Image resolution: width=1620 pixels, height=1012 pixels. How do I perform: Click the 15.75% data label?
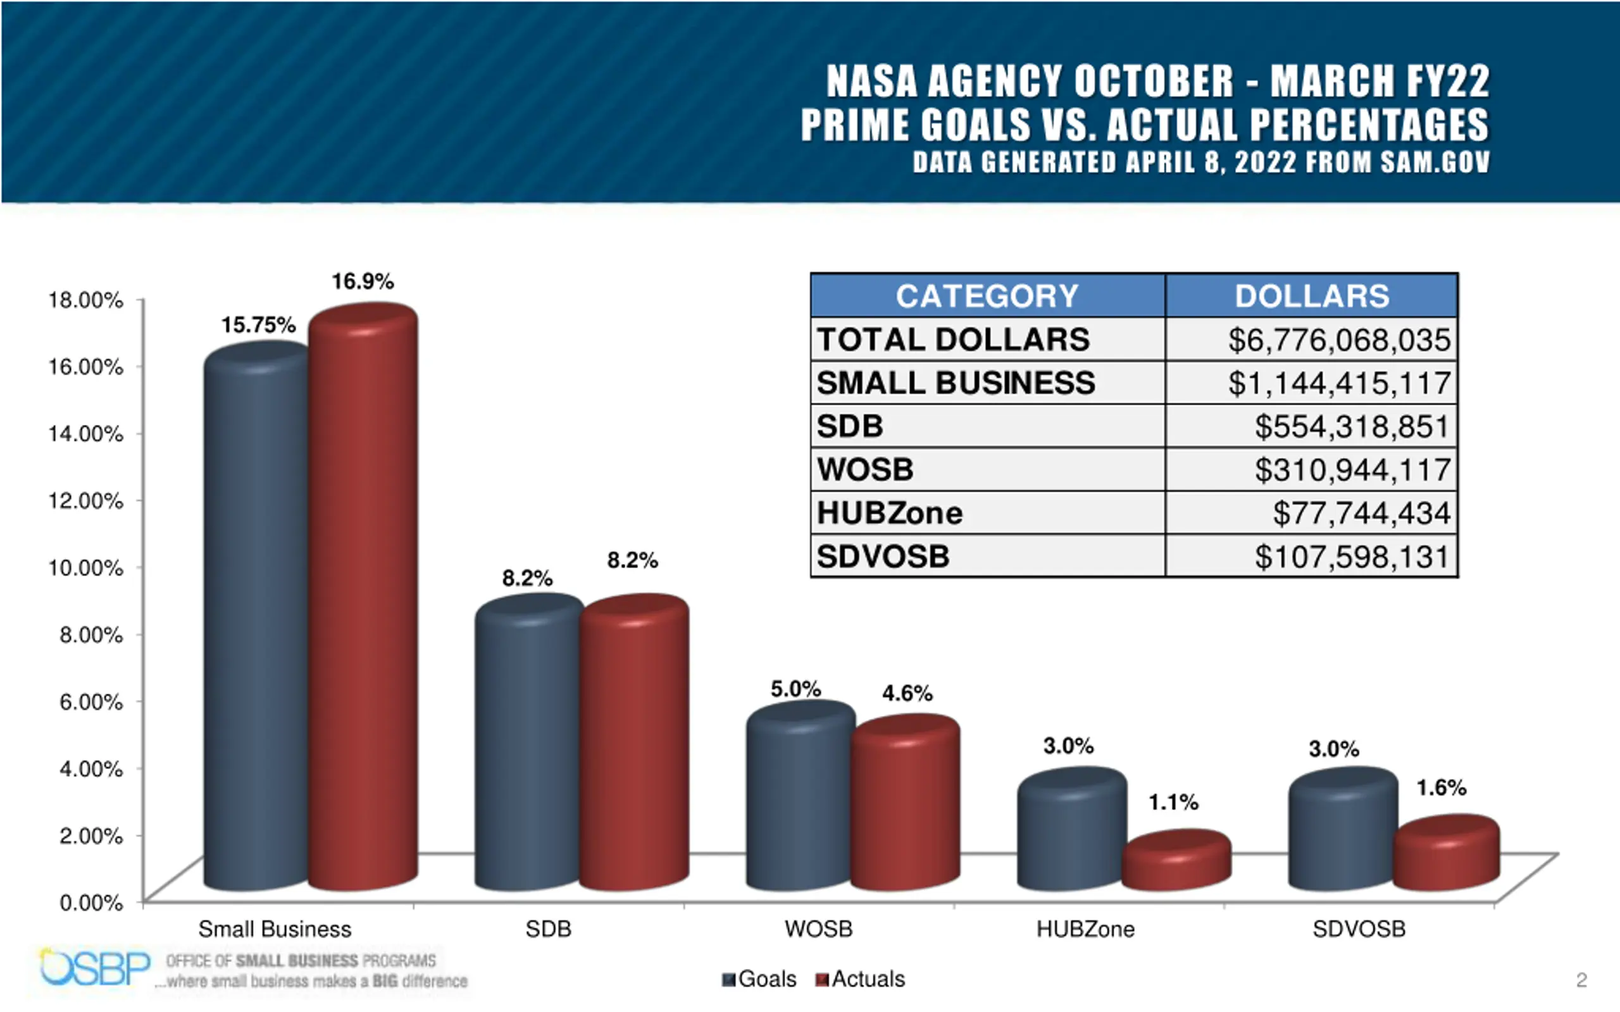point(258,325)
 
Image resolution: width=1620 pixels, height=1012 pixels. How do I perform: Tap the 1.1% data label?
point(1173,802)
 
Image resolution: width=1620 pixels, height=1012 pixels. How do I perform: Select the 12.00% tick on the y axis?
point(85,501)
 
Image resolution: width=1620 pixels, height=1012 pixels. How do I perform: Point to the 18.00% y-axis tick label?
point(85,300)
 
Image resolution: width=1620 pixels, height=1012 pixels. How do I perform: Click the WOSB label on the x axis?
point(819,929)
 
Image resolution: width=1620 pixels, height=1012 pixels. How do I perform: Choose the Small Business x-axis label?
point(275,929)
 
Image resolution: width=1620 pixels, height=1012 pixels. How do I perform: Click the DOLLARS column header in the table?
point(1311,296)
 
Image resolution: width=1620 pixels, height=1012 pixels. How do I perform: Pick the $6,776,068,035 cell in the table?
point(1339,340)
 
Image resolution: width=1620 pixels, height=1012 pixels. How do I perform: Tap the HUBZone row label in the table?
point(890,514)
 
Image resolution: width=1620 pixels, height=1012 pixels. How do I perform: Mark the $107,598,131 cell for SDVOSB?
point(1352,557)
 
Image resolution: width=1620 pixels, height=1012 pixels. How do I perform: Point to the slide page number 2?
point(1581,980)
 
